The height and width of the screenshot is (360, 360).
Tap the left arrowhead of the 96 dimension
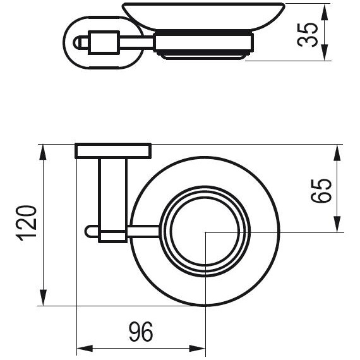coord(81,348)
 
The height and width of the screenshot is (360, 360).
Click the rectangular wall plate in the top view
coord(113,151)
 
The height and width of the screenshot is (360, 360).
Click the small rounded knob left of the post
coord(89,232)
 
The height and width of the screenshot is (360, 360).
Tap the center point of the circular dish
coord(206,232)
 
